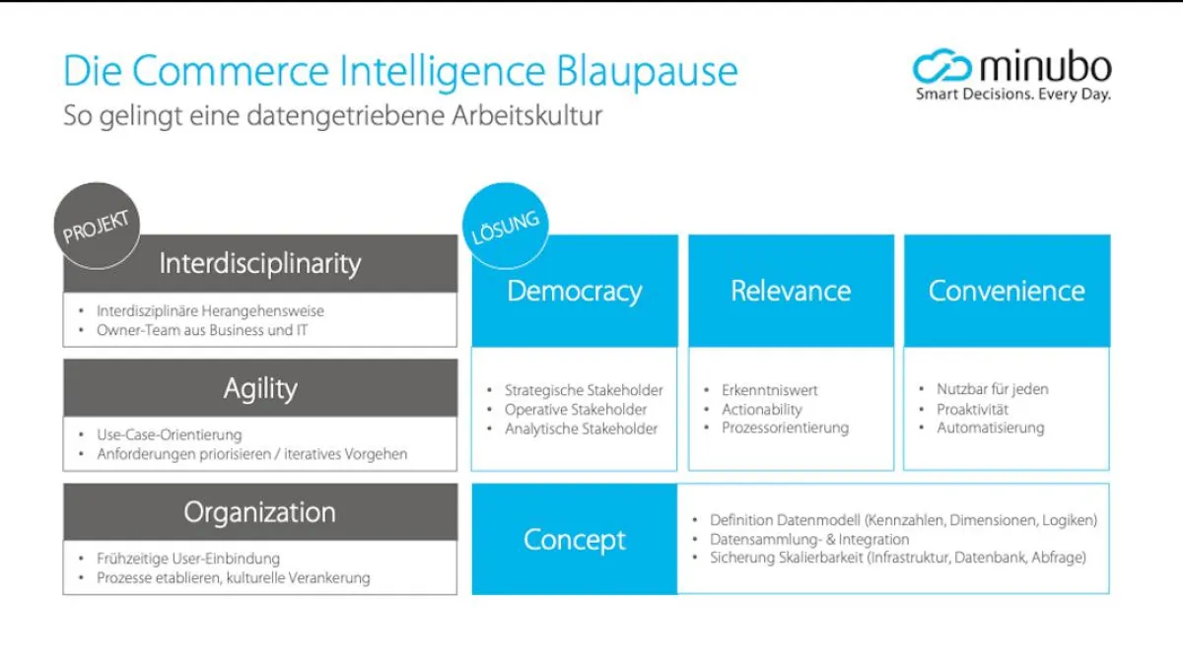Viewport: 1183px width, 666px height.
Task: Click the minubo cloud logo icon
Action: (x=942, y=67)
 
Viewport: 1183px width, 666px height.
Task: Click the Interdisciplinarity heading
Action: (x=260, y=263)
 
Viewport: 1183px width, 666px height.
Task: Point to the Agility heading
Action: (x=260, y=388)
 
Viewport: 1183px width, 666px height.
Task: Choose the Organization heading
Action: (x=260, y=512)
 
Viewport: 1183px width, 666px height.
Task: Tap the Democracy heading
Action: (x=575, y=291)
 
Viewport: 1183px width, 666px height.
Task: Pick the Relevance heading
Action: (x=791, y=291)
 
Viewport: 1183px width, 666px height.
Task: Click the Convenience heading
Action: (x=1007, y=291)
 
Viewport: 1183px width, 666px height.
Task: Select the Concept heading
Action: (x=575, y=539)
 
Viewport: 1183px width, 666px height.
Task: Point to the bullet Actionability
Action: (x=762, y=409)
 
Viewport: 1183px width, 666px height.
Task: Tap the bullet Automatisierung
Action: (x=990, y=428)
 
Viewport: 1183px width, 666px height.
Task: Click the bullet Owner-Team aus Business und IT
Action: (x=202, y=330)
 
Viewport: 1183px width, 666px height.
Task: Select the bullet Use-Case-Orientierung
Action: (x=169, y=434)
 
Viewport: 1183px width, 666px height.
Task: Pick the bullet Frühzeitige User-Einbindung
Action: (x=188, y=559)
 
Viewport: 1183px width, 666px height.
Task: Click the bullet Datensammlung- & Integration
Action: (x=809, y=539)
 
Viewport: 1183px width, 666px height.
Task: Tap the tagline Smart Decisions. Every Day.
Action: (x=1012, y=96)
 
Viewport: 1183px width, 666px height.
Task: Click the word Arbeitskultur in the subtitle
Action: (x=528, y=115)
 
